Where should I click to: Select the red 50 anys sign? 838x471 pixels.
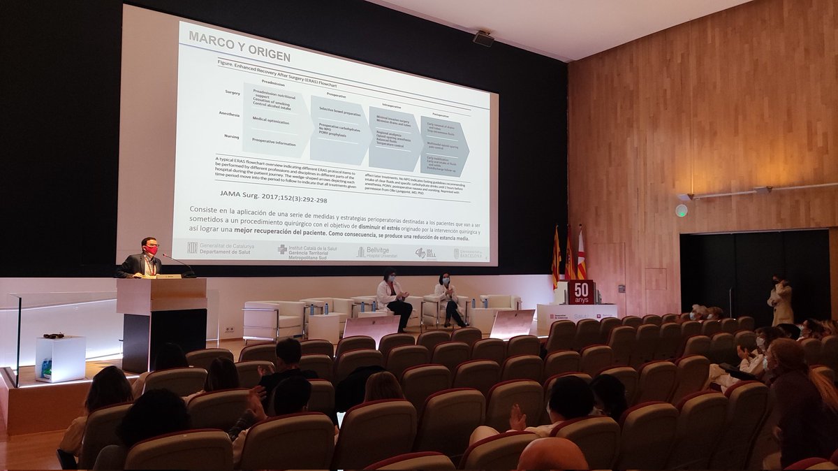coord(580,291)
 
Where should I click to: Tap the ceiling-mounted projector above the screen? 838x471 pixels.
coord(483,38)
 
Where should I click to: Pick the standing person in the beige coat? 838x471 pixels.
coord(780,301)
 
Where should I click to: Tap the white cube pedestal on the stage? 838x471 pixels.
coord(60,358)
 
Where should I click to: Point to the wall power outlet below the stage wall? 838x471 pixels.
coord(229,329)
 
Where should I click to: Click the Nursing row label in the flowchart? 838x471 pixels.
coord(231,136)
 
